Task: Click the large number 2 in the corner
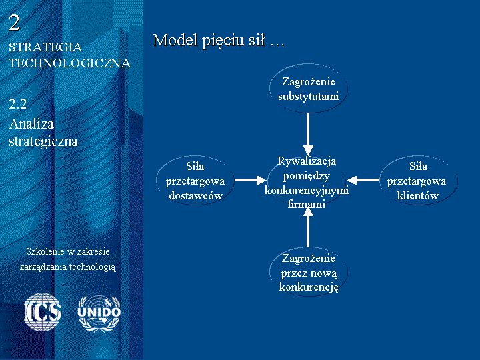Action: pyautogui.click(x=15, y=23)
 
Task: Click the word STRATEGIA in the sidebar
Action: pyautogui.click(x=45, y=47)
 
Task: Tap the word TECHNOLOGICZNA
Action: pyautogui.click(x=70, y=63)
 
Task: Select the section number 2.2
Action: pyautogui.click(x=18, y=104)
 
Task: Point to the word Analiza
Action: pyautogui.click(x=31, y=124)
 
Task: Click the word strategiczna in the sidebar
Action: pyautogui.click(x=43, y=141)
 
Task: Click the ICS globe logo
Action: pyautogui.click(x=43, y=312)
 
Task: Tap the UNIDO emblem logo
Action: pyautogui.click(x=99, y=313)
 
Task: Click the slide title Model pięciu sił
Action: pyautogui.click(x=218, y=40)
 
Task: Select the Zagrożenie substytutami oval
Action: pyautogui.click(x=308, y=89)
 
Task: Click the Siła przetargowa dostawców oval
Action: pyautogui.click(x=195, y=181)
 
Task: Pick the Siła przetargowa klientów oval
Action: pyautogui.click(x=418, y=181)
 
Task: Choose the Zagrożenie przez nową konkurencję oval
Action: pyautogui.click(x=308, y=272)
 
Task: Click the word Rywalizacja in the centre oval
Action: pyautogui.click(x=307, y=161)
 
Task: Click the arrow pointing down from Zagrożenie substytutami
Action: pyautogui.click(x=308, y=135)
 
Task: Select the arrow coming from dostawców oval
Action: pyautogui.click(x=251, y=180)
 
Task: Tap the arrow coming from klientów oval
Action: pyautogui.click(x=363, y=180)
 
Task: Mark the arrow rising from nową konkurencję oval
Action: pyautogui.click(x=308, y=227)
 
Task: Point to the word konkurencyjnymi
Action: pyautogui.click(x=307, y=191)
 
